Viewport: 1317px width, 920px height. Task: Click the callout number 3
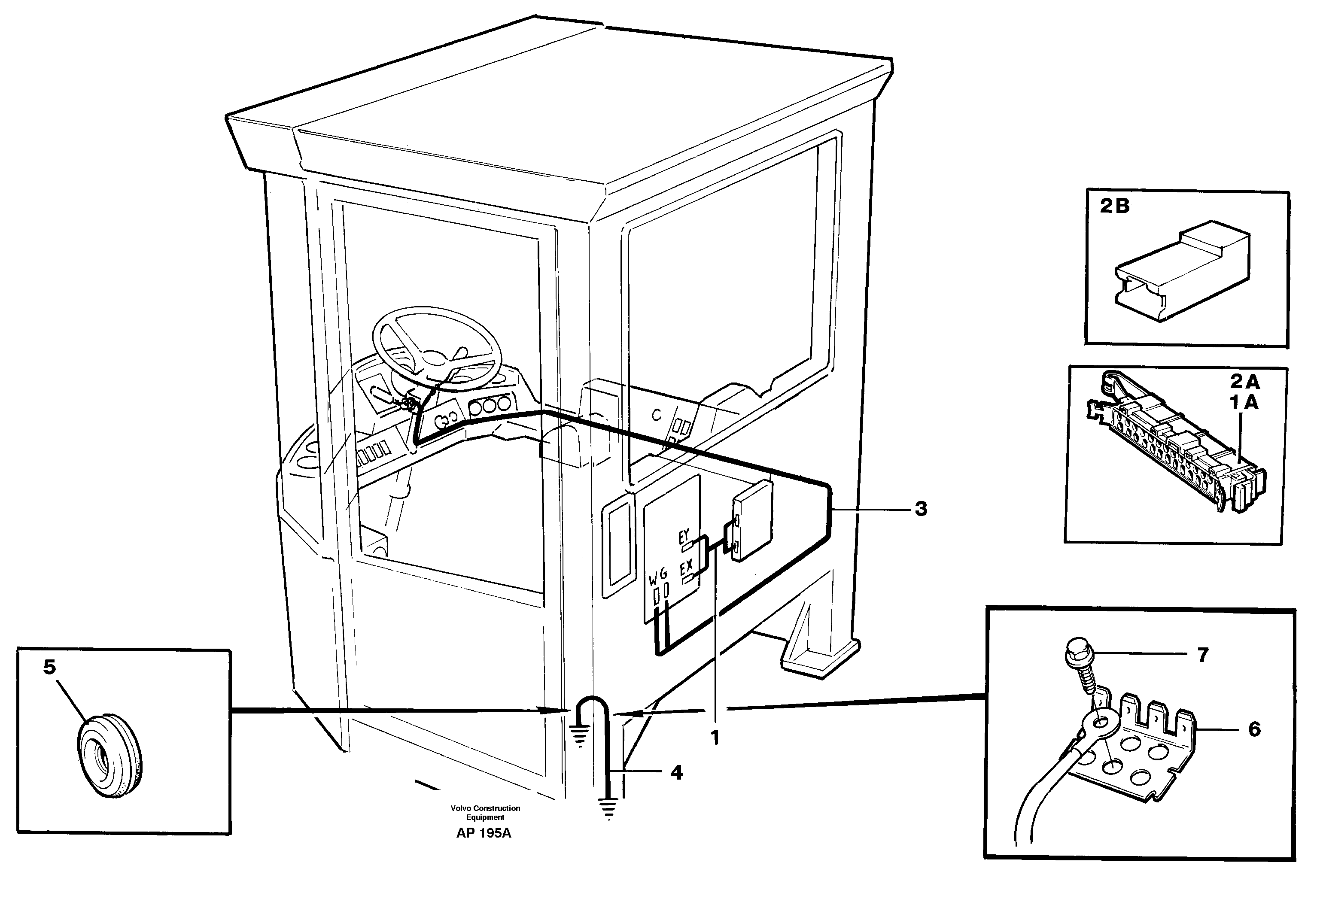click(921, 509)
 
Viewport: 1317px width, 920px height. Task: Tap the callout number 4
click(677, 773)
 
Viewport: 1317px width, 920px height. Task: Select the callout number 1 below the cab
click(715, 738)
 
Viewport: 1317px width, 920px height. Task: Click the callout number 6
click(1254, 729)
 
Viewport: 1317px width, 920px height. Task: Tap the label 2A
click(1244, 381)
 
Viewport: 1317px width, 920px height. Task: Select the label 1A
click(1244, 403)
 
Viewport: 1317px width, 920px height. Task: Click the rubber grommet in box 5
click(109, 754)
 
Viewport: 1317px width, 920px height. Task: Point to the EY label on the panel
click(684, 537)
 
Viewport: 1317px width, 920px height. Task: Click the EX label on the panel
click(686, 568)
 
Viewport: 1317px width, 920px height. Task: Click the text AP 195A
click(484, 833)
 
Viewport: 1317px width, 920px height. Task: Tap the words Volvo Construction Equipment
click(485, 813)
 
